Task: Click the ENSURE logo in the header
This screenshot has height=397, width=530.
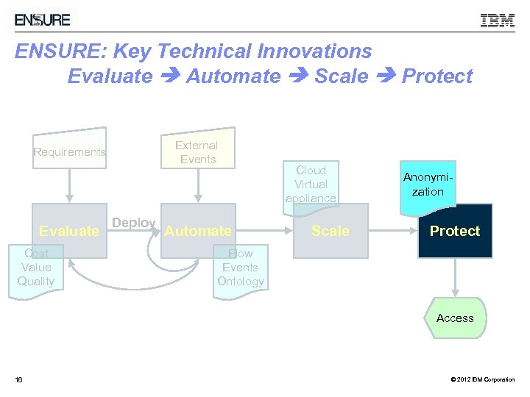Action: pyautogui.click(x=43, y=20)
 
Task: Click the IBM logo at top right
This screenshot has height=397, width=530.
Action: pyautogui.click(x=498, y=21)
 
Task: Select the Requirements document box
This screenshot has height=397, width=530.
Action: pyautogui.click(x=69, y=152)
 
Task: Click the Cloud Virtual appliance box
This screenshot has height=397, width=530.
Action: pyautogui.click(x=311, y=184)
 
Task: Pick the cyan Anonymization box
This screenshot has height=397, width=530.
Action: pyautogui.click(x=428, y=185)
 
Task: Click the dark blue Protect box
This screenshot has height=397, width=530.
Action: pyautogui.click(x=455, y=231)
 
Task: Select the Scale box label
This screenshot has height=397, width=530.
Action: pyautogui.click(x=330, y=231)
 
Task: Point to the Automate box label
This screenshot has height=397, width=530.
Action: pyautogui.click(x=197, y=231)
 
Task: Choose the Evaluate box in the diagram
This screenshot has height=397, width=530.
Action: pyautogui.click(x=69, y=231)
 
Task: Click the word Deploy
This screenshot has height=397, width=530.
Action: pyautogui.click(x=133, y=223)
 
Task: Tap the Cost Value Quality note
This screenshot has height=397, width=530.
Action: pyautogui.click(x=36, y=268)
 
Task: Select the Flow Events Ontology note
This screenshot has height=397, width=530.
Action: pyautogui.click(x=240, y=268)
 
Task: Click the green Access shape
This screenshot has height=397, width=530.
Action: pyautogui.click(x=455, y=318)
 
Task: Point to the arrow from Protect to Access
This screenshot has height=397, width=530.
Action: pyautogui.click(x=455, y=278)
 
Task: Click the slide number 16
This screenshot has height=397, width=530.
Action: pyautogui.click(x=19, y=379)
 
